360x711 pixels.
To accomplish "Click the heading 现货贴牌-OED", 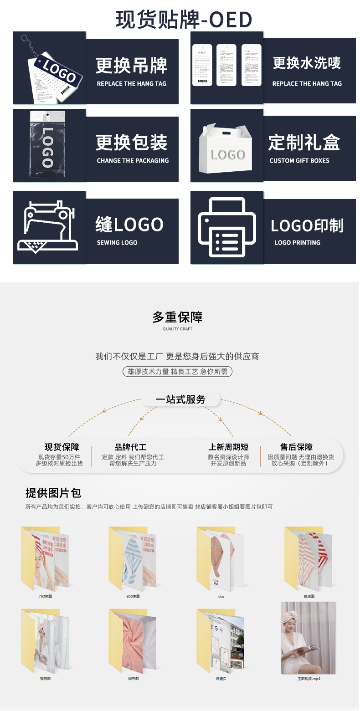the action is click(x=184, y=20).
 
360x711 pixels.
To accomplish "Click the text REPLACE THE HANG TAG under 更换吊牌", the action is click(x=132, y=84).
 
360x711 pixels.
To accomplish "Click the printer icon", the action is click(x=227, y=228).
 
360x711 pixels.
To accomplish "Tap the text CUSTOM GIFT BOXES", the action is click(x=299, y=161).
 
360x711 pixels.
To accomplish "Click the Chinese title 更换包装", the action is click(x=132, y=143).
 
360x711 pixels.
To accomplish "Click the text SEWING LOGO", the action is click(x=117, y=243).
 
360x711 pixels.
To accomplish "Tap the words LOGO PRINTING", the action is click(x=297, y=243).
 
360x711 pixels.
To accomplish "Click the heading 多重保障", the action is click(x=178, y=317).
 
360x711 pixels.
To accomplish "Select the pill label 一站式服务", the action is click(x=180, y=399).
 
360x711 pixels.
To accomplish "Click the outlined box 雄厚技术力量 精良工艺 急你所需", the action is click(x=178, y=372).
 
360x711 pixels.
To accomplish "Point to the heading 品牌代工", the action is click(x=130, y=447).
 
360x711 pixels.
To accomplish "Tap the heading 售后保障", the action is click(x=296, y=447).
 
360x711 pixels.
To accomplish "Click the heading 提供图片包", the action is click(x=53, y=493).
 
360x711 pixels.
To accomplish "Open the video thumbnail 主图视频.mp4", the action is click(x=309, y=638).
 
